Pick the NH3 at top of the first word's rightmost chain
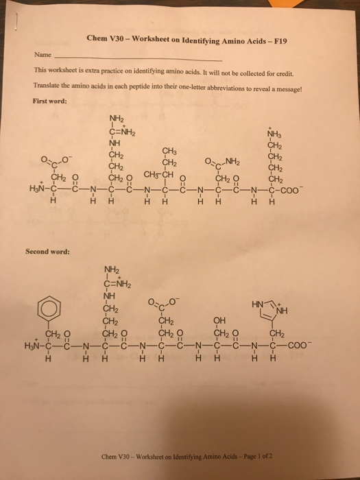pyautogui.click(x=276, y=134)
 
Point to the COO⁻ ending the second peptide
pyautogui.click(x=294, y=345)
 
